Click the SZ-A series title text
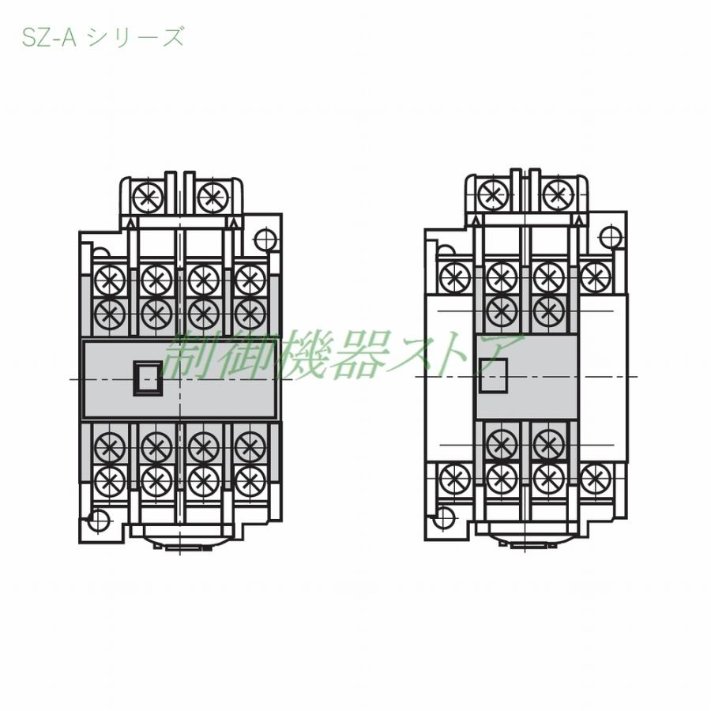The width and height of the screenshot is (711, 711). (103, 37)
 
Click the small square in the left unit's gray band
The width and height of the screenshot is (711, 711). (148, 377)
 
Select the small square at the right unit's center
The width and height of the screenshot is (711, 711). (493, 374)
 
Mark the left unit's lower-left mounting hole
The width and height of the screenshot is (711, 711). (98, 521)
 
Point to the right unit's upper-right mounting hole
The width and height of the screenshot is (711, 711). (610, 235)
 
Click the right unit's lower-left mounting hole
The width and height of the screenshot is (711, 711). (444, 518)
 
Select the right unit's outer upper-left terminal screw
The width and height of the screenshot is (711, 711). (455, 276)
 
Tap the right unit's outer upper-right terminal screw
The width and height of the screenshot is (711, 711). (596, 276)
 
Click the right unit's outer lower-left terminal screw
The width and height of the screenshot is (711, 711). (455, 479)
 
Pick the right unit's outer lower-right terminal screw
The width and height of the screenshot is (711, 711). (596, 479)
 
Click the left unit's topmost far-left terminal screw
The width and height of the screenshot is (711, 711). (110, 280)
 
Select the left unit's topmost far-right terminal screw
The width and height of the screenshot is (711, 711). (250, 280)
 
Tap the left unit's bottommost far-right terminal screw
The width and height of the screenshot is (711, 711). (250, 480)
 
